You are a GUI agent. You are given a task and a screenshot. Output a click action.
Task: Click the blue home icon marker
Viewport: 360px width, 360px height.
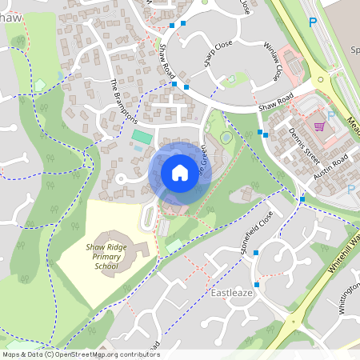click(x=180, y=172)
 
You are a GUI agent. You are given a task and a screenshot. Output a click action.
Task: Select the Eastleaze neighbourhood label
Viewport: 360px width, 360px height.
click(x=232, y=294)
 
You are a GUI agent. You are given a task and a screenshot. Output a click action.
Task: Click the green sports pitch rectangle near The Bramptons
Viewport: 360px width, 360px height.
click(x=142, y=137)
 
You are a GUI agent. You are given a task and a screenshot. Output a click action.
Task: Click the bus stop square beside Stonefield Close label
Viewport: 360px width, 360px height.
click(x=256, y=253)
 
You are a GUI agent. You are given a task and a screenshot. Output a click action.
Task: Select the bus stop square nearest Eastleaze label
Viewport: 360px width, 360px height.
click(x=257, y=284)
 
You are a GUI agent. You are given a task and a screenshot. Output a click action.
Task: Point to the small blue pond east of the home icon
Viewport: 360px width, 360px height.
click(x=227, y=139)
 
